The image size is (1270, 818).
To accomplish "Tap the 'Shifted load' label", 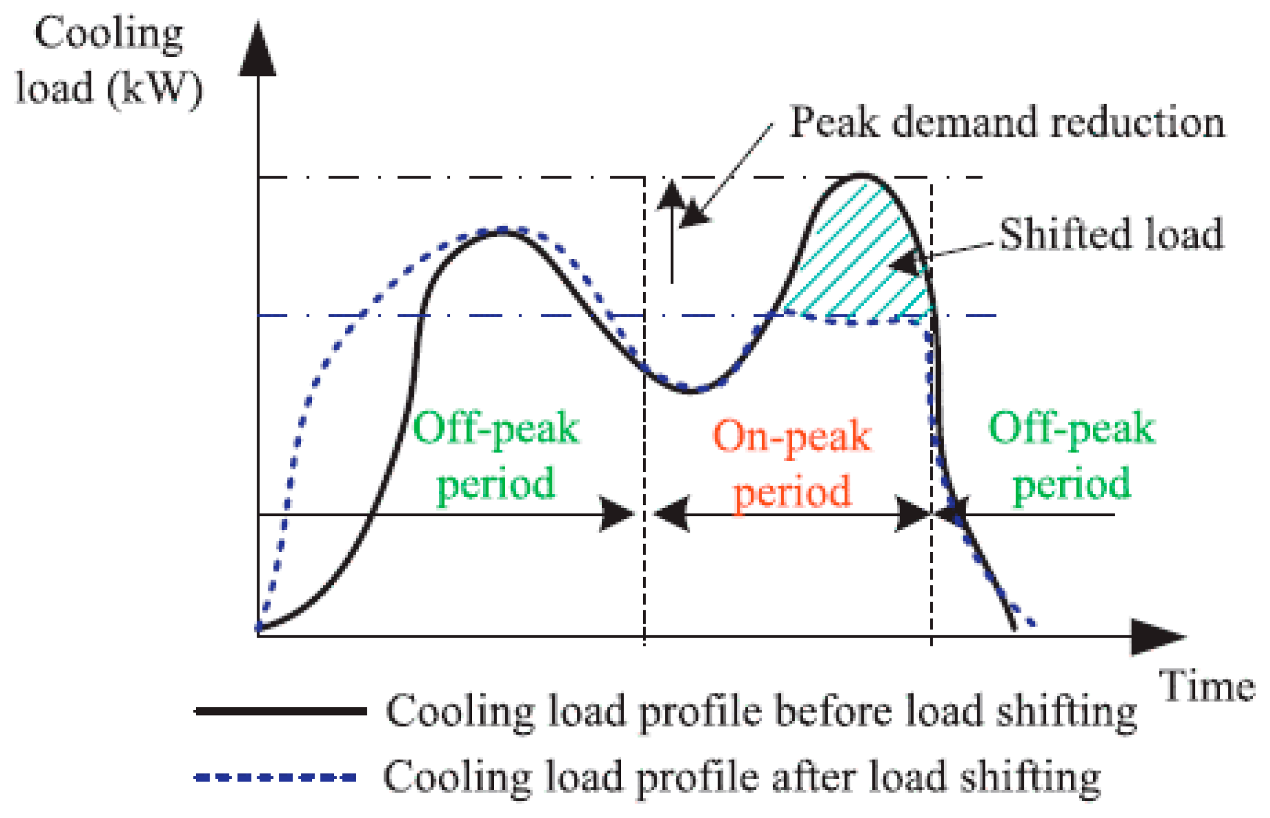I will [1111, 234].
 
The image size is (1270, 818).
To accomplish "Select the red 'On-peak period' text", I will [792, 464].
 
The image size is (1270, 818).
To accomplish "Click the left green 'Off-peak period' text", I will [496, 456].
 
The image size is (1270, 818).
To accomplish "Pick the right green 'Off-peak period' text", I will [1072, 456].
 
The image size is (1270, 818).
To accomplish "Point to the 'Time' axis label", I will [1207, 686].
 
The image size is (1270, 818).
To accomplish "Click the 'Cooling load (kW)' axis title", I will [109, 61].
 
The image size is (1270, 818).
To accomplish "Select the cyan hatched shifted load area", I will [861, 262].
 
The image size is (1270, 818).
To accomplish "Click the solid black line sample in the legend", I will [281, 711].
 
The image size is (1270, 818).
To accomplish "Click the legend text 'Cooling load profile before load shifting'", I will [761, 711].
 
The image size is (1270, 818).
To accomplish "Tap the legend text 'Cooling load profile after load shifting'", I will [742, 777].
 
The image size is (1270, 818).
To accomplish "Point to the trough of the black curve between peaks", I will [690, 392].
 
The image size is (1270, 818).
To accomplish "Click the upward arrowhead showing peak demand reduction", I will [672, 194].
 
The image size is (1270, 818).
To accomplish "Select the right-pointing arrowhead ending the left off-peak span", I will [618, 514].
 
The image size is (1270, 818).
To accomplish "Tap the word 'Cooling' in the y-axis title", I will [109, 34].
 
